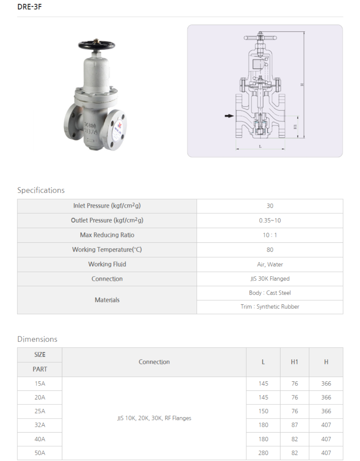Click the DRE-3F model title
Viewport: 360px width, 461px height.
point(30,7)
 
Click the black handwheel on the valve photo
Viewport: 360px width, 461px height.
point(96,45)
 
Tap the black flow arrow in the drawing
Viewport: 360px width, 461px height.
point(229,116)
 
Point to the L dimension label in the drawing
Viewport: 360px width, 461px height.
point(260,147)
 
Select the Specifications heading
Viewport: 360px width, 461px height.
point(41,190)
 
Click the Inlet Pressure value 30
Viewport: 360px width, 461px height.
point(270,206)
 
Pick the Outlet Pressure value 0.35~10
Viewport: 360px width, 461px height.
point(270,220)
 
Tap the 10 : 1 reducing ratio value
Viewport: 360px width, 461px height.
point(270,235)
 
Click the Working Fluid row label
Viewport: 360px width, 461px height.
point(107,264)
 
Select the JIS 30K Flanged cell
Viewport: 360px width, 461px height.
point(270,279)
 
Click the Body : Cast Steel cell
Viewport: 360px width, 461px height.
point(270,293)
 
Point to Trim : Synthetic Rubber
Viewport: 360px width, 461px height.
point(270,307)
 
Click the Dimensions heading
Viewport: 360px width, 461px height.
point(37,339)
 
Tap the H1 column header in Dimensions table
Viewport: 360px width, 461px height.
point(294,362)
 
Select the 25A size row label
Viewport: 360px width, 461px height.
point(40,411)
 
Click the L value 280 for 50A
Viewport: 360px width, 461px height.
point(263,453)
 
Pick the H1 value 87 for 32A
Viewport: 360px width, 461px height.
point(294,425)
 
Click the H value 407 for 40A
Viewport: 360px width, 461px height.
point(326,439)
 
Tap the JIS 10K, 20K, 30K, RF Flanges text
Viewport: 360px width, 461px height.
point(154,418)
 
